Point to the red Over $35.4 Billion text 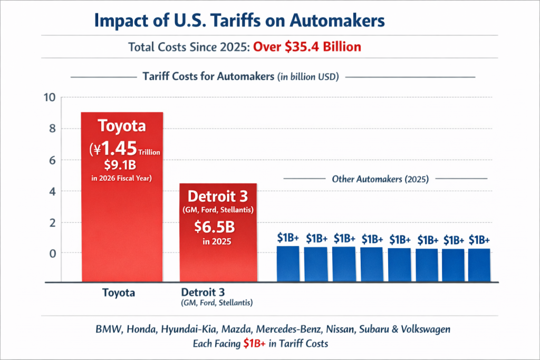(307, 47)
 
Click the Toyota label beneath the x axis (118, 293)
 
